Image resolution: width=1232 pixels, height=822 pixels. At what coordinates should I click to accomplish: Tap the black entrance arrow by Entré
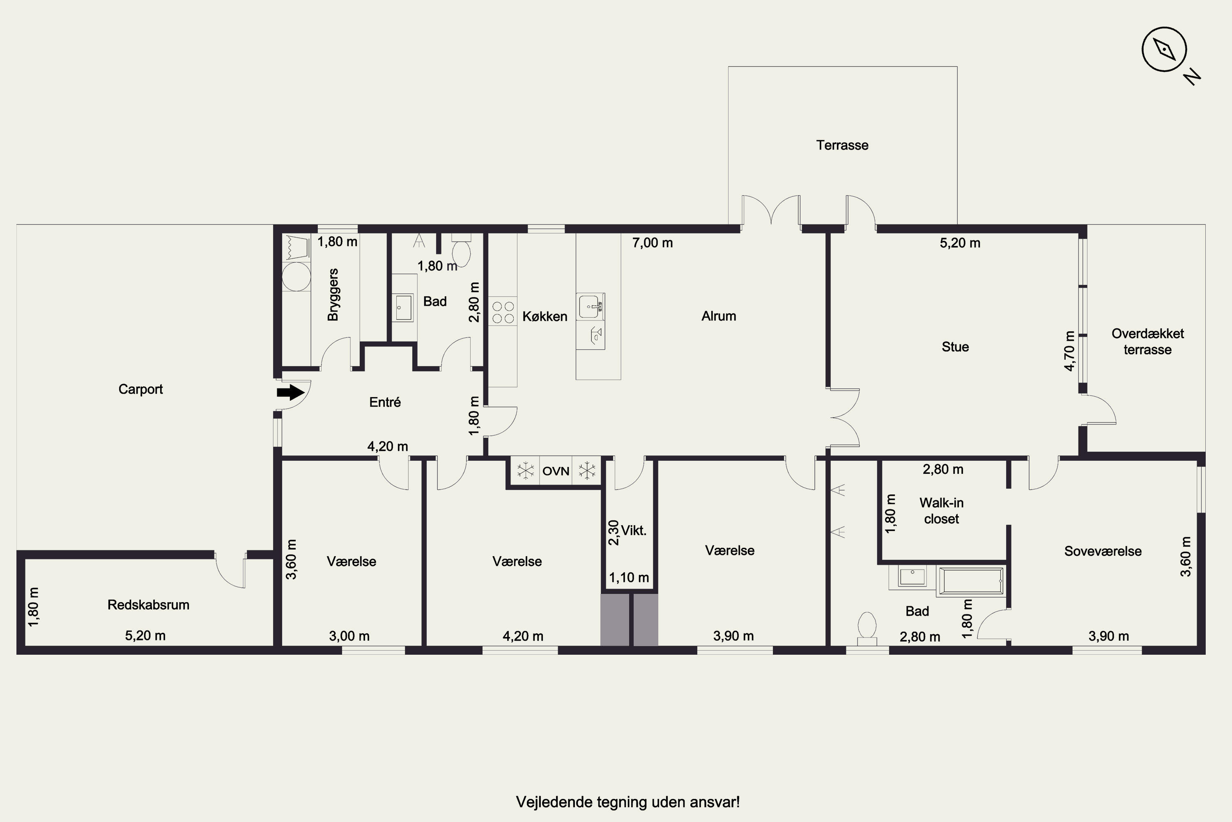(291, 392)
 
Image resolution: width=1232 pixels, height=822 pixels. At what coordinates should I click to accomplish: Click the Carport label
(140, 389)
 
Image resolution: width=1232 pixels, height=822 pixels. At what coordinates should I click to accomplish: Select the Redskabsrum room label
(148, 605)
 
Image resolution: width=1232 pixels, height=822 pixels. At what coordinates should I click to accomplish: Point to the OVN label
(556, 471)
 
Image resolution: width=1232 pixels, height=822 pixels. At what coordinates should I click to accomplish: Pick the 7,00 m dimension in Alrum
(652, 243)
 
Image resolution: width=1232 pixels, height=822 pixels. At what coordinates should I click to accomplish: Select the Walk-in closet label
(941, 510)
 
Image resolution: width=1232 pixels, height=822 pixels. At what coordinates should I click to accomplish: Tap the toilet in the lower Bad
(867, 628)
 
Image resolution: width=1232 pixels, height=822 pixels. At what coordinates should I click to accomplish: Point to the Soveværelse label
(1103, 551)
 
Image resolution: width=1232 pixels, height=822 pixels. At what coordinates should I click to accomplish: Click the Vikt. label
(633, 530)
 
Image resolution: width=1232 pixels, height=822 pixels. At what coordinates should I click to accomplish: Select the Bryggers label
(333, 295)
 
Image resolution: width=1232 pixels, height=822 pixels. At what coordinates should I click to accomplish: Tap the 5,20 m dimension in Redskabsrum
(145, 635)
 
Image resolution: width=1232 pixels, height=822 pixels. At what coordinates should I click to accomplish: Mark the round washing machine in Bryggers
(296, 276)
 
